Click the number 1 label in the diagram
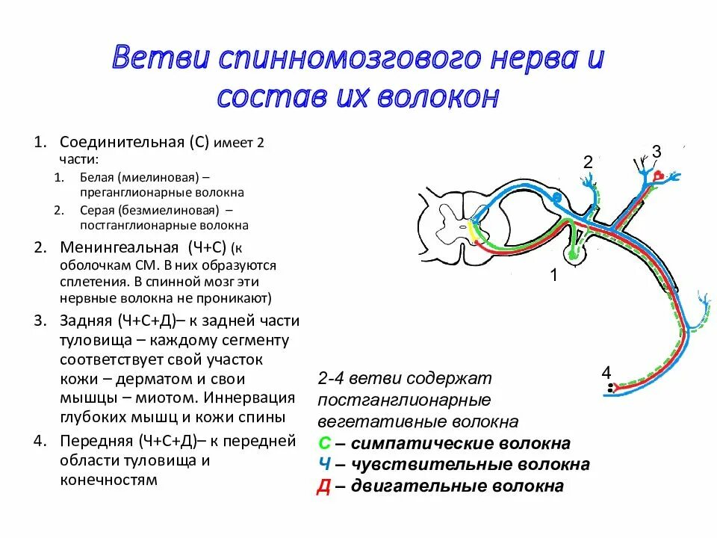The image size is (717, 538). [554, 275]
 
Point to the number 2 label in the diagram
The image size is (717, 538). [588, 162]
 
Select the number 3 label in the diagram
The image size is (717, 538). [656, 152]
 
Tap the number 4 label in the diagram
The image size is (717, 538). [606, 372]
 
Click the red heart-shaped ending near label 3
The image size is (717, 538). [659, 176]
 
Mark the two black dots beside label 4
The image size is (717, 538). [611, 388]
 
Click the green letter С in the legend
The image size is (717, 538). [324, 444]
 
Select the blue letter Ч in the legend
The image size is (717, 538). [324, 465]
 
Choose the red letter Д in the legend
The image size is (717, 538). [324, 486]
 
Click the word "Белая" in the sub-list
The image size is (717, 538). [98, 177]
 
